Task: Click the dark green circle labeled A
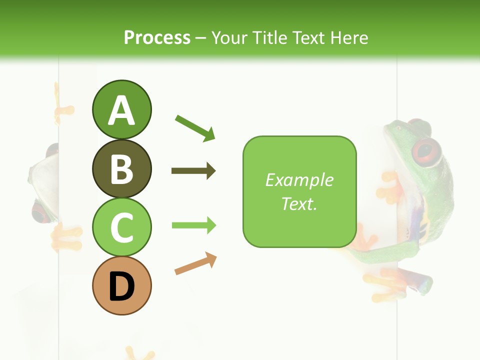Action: point(121,109)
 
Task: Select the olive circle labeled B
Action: point(121,168)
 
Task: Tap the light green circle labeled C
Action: point(121,227)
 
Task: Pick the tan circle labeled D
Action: point(121,285)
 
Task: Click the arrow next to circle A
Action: point(195,128)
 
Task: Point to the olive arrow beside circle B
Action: point(193,171)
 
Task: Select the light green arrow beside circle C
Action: point(194,225)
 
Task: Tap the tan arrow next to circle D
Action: point(195,263)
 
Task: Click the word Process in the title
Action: point(157,37)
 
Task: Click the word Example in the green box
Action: point(299,180)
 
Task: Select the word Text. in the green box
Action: point(299,203)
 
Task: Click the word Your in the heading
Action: point(229,37)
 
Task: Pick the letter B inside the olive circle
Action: point(121,169)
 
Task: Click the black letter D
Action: point(121,286)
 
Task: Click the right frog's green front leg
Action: point(385,254)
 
